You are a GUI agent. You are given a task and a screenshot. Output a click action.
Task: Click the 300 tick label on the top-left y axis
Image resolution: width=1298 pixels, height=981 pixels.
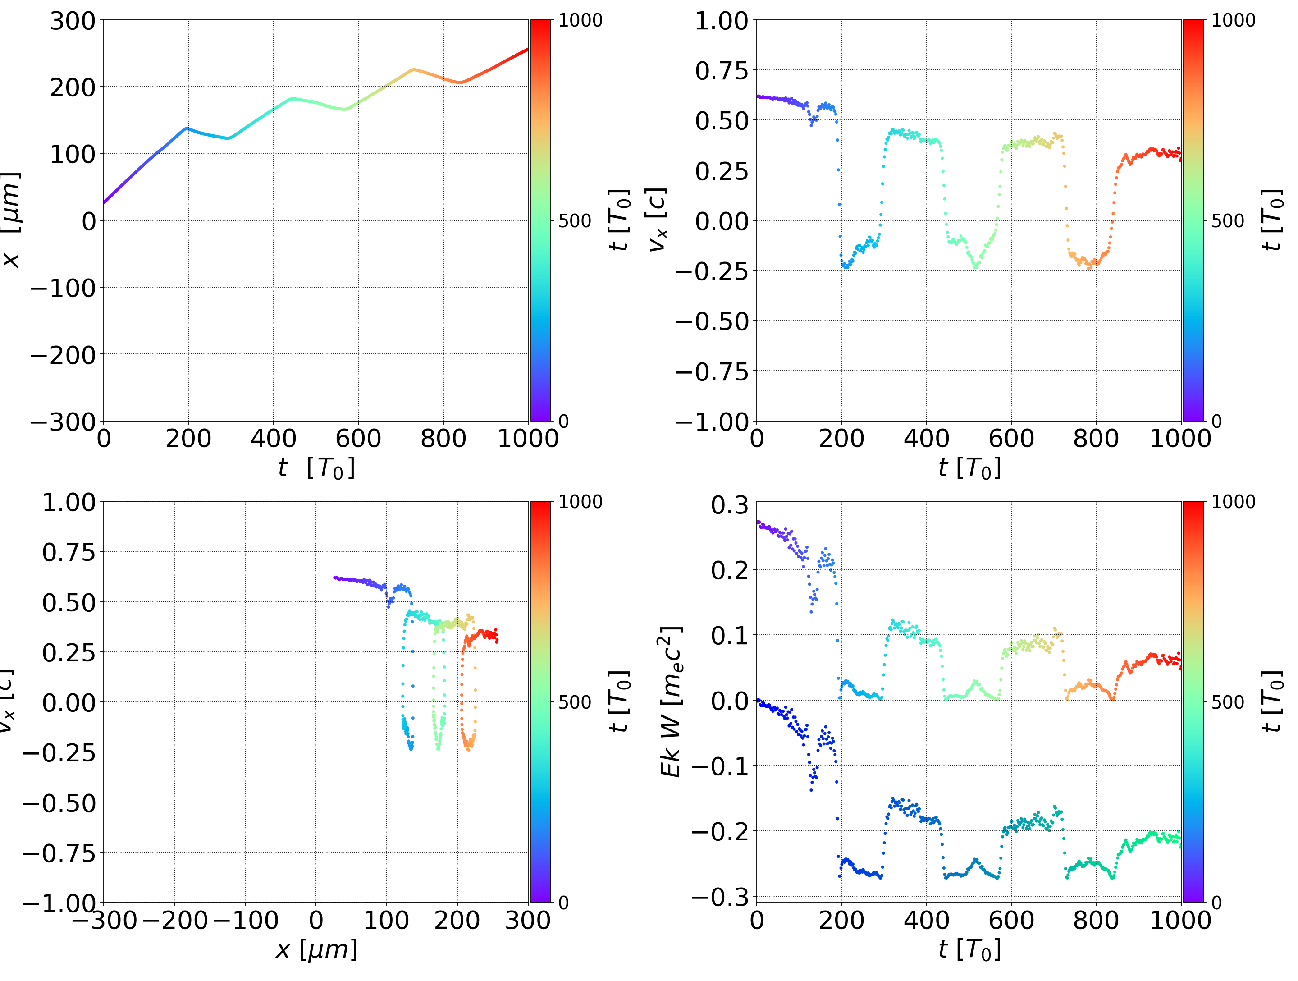72,22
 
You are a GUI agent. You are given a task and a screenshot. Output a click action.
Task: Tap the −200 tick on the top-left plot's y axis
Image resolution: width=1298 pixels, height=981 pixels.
63,355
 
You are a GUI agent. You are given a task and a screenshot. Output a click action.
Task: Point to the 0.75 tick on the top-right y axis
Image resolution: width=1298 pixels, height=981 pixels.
722,71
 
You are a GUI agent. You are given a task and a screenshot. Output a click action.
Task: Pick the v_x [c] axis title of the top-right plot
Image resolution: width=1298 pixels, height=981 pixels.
657,220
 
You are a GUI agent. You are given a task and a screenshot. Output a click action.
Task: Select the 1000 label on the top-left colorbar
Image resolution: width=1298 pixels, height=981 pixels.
580,21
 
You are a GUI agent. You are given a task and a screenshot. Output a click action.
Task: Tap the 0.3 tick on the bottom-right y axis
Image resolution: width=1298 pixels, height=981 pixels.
729,505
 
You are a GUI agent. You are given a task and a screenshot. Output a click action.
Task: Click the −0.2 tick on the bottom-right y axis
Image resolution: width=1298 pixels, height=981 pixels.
720,831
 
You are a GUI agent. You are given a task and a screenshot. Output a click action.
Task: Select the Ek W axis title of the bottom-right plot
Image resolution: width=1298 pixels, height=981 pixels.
671,701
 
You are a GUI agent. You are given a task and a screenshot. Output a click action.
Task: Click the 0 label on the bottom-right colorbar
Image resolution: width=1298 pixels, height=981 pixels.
1216,903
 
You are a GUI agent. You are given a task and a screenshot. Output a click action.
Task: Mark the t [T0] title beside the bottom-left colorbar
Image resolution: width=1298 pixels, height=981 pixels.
619,701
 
